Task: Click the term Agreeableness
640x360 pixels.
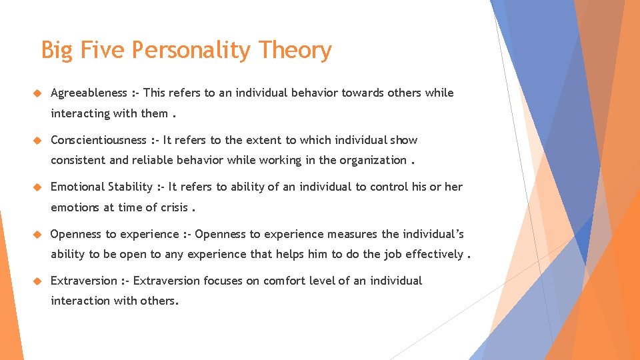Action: pyautogui.click(x=89, y=93)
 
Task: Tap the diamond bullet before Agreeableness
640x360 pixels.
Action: pyautogui.click(x=37, y=93)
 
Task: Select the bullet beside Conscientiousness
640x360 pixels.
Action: pyautogui.click(x=37, y=140)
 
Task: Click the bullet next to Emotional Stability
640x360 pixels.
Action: pyautogui.click(x=37, y=187)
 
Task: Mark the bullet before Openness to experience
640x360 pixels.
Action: pyautogui.click(x=37, y=234)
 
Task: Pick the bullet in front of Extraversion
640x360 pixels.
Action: pyautogui.click(x=37, y=281)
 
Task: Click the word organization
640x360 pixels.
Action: pyautogui.click(x=373, y=160)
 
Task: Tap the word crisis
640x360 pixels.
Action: pyautogui.click(x=174, y=207)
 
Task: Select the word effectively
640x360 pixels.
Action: pyautogui.click(x=434, y=254)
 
